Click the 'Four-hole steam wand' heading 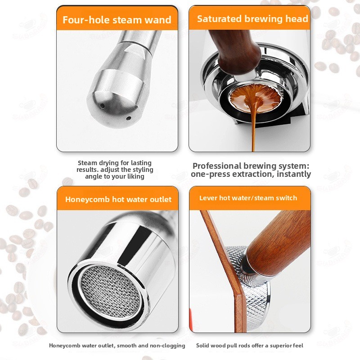pyautogui.click(x=117, y=20)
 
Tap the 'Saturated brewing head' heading pyautogui.click(x=252, y=19)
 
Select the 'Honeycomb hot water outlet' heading pyautogui.click(x=118, y=199)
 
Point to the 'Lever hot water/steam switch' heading pyautogui.click(x=248, y=198)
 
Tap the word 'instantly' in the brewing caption pyautogui.click(x=294, y=174)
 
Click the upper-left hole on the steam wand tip pyautogui.click(x=103, y=106)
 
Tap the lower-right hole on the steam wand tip pyautogui.click(x=129, y=118)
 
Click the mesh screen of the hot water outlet pyautogui.click(x=110, y=292)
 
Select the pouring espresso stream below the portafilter pyautogui.click(x=253, y=129)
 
